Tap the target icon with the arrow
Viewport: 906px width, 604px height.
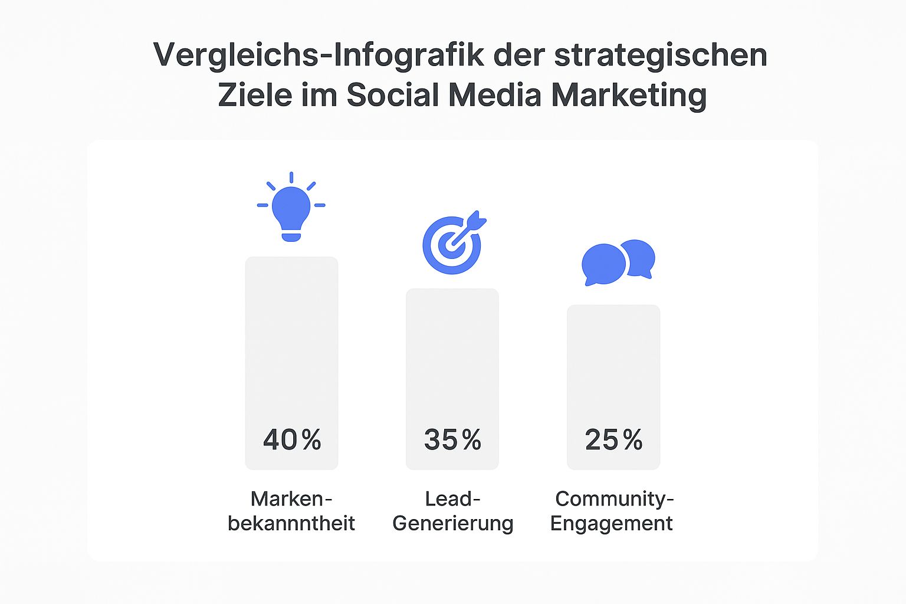[452, 244]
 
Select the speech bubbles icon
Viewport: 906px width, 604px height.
[618, 262]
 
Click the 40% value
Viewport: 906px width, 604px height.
[292, 439]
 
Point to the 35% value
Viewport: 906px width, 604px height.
[452, 439]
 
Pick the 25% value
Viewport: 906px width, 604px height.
[613, 439]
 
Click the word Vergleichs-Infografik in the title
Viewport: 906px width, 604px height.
[319, 55]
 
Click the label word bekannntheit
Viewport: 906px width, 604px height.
[291, 523]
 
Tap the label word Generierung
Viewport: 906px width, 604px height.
[452, 523]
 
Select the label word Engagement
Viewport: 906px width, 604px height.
[612, 523]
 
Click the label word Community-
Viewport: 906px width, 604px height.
[614, 499]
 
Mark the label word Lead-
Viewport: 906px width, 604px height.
[452, 499]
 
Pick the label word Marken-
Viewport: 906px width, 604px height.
[291, 499]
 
